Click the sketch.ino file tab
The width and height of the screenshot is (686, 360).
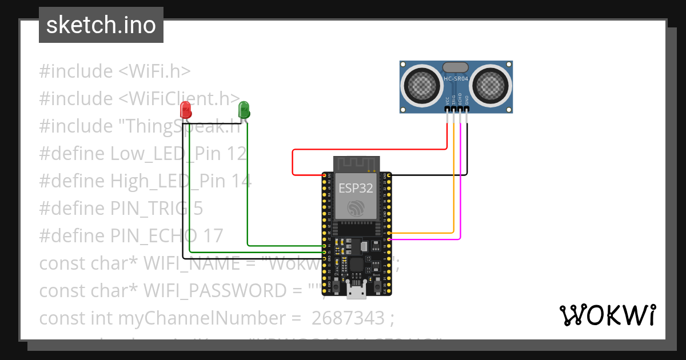[101, 25]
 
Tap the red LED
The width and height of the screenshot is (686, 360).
[186, 109]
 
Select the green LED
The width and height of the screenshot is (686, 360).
[244, 109]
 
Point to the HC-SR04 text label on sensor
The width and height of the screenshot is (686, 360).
[456, 79]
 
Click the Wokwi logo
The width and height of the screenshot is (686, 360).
[607, 315]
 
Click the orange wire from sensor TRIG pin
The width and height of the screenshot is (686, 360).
[454, 183]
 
